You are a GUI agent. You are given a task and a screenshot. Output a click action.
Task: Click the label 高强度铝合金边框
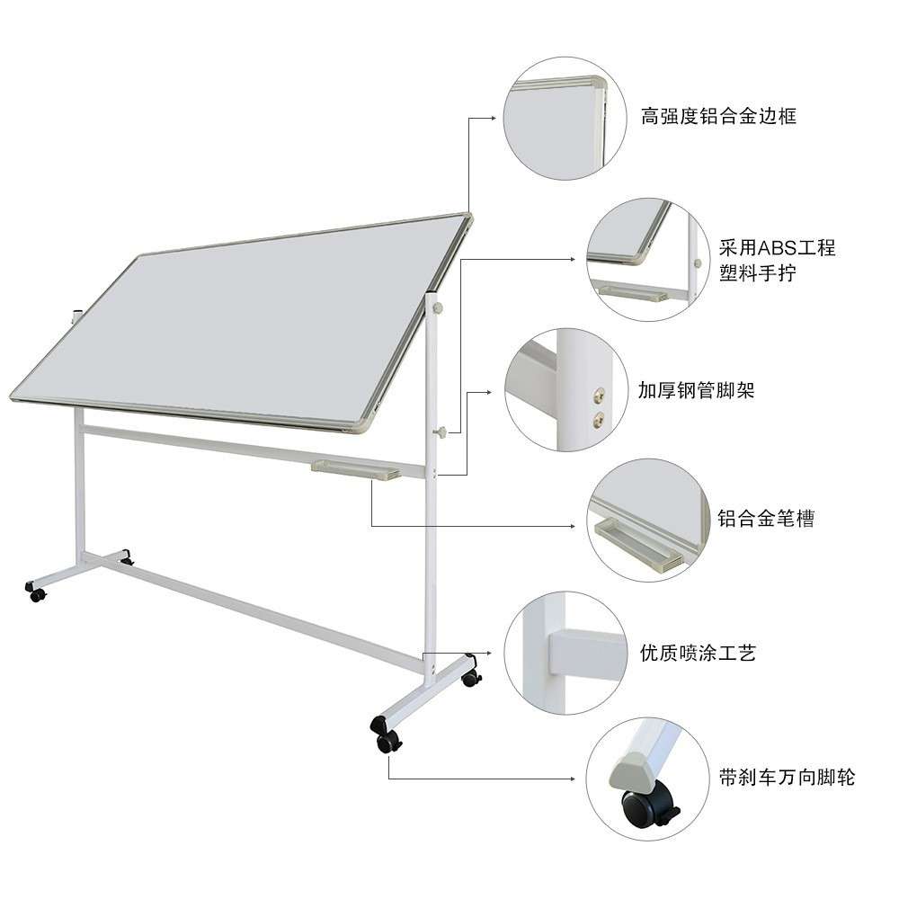pos(718,116)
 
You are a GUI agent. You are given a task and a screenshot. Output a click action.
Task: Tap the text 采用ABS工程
pos(777,248)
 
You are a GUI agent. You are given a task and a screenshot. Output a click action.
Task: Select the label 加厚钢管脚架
pos(696,390)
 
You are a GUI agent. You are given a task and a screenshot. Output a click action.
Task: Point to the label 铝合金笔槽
pos(766,519)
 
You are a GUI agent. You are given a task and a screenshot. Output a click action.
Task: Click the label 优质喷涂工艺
pos(698,653)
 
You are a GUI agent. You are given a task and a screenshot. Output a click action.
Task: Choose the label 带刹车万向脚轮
pos(787,778)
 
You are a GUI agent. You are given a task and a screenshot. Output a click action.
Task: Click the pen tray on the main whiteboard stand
pos(356,469)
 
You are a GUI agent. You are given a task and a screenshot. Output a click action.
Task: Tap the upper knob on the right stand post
pos(439,308)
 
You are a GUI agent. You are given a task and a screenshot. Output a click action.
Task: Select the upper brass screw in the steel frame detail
pos(599,395)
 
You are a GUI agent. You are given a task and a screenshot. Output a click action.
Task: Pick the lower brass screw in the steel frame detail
pos(599,420)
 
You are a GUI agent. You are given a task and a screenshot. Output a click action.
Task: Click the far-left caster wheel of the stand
pos(36,592)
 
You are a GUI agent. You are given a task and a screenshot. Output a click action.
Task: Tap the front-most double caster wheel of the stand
pos(386,734)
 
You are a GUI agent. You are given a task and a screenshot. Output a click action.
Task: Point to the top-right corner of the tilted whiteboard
pos(469,215)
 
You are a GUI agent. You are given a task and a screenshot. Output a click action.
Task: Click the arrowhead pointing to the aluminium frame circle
pos(494,118)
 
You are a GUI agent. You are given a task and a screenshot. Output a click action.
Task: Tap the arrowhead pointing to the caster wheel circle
pos(572,779)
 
